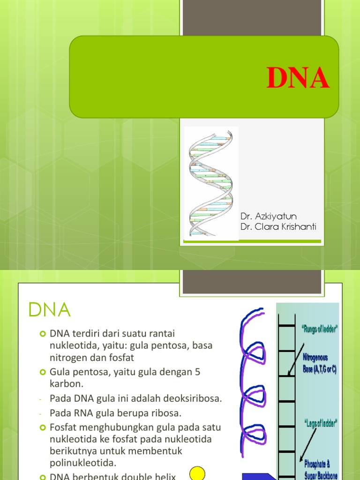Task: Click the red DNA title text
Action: (298, 78)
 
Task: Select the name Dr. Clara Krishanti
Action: (278, 227)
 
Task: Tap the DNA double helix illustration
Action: (211, 183)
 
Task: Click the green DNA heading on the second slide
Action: (49, 310)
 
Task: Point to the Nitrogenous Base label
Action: (320, 363)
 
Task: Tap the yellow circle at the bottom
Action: (198, 473)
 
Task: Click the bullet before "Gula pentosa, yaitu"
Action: (43, 372)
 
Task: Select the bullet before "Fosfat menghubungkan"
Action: (43, 428)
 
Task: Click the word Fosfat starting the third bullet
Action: (63, 427)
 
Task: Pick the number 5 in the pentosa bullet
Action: (197, 372)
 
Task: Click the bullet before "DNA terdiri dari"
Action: (43, 334)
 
